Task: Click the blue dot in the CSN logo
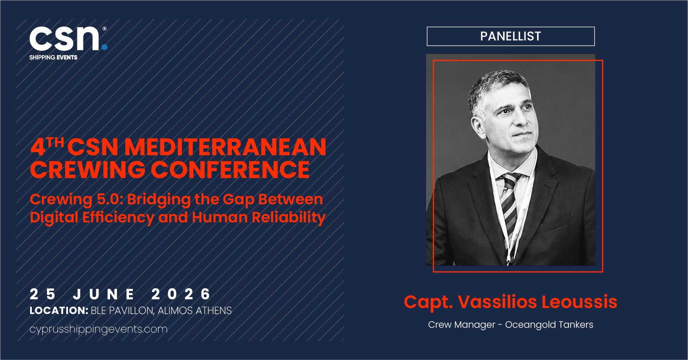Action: click(104, 47)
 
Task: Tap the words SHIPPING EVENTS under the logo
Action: click(53, 58)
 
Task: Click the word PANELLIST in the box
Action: click(510, 36)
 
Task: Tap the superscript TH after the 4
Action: click(55, 142)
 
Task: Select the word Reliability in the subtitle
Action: click(289, 218)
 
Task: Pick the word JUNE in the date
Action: click(104, 294)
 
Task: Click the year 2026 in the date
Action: click(181, 294)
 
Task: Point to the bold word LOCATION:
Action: click(59, 311)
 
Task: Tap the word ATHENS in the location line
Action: click(214, 311)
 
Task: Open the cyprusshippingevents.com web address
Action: click(98, 329)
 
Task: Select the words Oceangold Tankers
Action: click(549, 325)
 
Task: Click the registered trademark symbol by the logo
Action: click(104, 28)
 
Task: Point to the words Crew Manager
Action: click(462, 325)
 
